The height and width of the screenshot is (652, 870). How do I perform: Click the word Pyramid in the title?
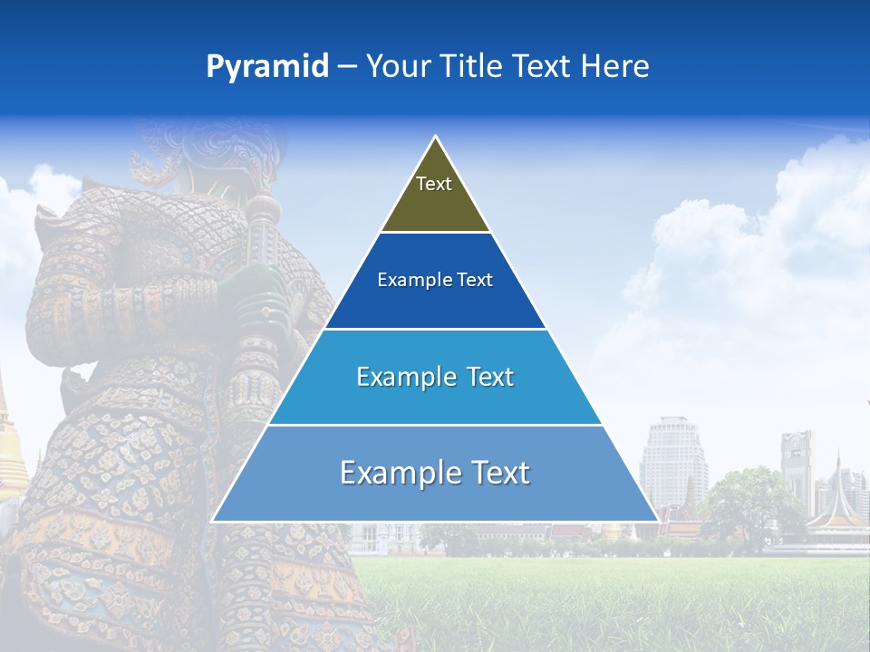266,67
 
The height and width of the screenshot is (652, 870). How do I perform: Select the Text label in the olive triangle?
434,184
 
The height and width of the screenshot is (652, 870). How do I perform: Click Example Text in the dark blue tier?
435,280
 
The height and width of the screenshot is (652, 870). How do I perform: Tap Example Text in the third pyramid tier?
435,377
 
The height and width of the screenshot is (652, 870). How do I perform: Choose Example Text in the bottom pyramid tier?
435,473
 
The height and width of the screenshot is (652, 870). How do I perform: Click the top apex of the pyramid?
436,137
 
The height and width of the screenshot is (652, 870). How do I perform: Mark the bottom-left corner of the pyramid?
213,521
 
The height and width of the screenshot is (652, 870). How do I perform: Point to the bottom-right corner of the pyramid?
658,521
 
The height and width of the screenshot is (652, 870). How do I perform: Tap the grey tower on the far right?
797,466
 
